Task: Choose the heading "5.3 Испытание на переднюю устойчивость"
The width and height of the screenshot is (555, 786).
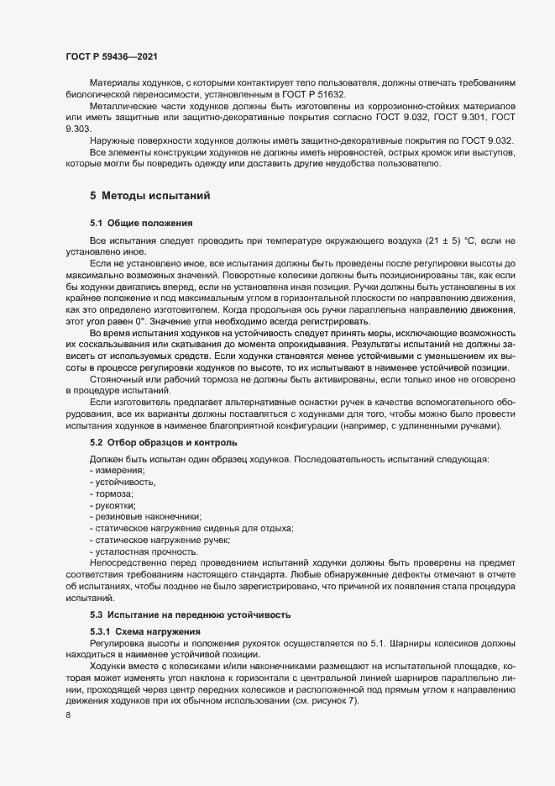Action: coord(191,615)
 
